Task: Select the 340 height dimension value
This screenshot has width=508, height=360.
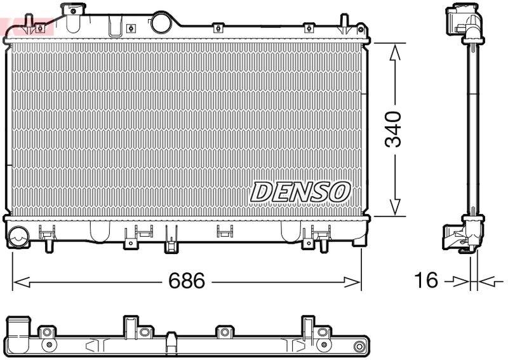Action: pos(394,129)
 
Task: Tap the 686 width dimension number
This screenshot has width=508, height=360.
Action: pos(187,281)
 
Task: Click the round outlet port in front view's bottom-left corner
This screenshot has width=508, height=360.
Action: pos(19,236)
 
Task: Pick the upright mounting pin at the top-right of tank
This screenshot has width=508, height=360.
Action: pos(344,23)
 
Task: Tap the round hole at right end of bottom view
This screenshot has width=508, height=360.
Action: pos(361,347)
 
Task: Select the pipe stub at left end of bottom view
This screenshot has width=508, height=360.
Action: pos(19,328)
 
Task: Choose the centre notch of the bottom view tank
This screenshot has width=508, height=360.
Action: pos(171,343)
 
